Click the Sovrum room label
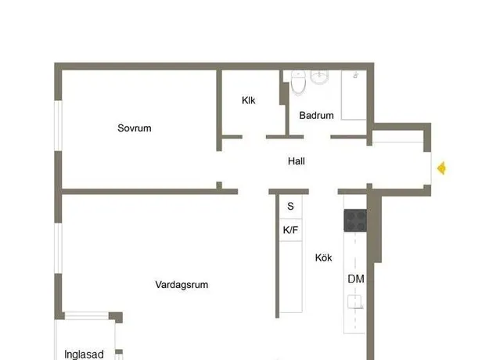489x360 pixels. click(135, 128)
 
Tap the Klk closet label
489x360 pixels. click(249, 100)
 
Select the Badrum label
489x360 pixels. click(316, 115)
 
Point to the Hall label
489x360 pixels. click(297, 161)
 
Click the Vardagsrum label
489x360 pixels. click(182, 285)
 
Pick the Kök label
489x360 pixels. click(323, 257)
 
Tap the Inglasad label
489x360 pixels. click(84, 355)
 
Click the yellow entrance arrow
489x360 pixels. click(441, 168)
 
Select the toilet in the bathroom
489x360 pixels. click(298, 82)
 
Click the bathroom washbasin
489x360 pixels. click(319, 77)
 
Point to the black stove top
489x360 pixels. click(355, 221)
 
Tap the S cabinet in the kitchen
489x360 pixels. click(290, 206)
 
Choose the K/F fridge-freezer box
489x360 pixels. click(290, 230)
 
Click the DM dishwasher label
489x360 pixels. click(356, 279)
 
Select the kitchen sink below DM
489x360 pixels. click(355, 301)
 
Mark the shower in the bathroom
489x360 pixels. click(354, 95)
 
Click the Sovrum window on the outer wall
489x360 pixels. click(59, 126)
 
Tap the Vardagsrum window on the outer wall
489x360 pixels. click(59, 248)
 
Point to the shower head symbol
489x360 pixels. click(355, 75)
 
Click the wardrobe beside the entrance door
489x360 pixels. click(398, 137)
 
